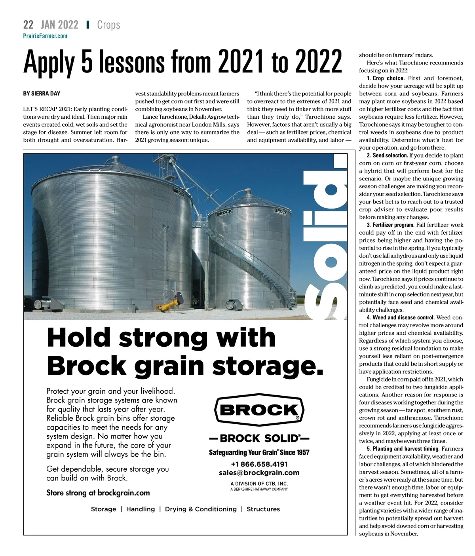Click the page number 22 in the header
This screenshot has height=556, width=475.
click(28, 25)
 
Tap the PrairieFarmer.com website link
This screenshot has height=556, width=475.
click(45, 36)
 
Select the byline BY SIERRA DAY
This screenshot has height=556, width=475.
click(42, 94)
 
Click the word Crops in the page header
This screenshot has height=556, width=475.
click(108, 25)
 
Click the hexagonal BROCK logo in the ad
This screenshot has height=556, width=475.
click(259, 409)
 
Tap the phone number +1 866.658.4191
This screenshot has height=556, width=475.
click(259, 464)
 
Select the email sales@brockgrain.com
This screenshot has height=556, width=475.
click(259, 473)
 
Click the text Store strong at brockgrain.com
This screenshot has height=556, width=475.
click(98, 493)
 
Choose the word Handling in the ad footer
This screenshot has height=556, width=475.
click(141, 509)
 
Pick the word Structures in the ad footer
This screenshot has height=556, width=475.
click(263, 509)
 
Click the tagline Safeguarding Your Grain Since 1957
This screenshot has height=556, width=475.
click(259, 452)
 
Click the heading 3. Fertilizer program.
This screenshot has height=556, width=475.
click(390, 225)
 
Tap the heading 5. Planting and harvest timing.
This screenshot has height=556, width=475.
click(403, 449)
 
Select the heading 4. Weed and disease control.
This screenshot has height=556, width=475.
click(401, 317)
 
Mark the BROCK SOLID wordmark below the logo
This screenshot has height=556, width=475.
click(259, 438)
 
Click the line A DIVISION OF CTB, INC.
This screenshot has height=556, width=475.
click(259, 484)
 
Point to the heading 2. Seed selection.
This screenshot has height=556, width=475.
click(387, 156)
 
